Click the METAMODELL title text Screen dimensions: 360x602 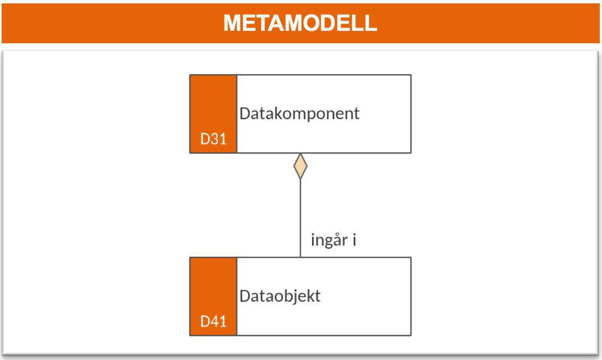point(300,24)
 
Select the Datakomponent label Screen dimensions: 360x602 point(299,113)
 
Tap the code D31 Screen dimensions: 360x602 point(213,139)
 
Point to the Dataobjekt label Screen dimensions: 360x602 point(280,296)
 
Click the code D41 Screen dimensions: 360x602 point(213,322)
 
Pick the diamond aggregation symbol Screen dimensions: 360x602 point(300,166)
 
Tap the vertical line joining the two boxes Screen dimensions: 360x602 point(300,219)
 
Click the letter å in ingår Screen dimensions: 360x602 point(336,240)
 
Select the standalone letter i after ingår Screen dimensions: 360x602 point(354,240)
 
